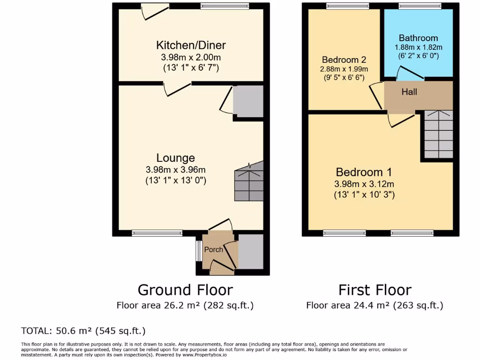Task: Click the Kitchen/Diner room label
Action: (x=191, y=45)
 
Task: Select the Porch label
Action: (x=214, y=249)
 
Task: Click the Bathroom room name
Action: (x=418, y=38)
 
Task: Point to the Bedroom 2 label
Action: (x=344, y=60)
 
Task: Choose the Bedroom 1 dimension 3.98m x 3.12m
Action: (x=364, y=184)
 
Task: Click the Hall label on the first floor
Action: (x=409, y=92)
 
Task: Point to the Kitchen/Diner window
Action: (x=224, y=6)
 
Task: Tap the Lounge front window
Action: (x=157, y=233)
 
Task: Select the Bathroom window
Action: (x=420, y=6)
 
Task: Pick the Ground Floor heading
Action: (x=185, y=290)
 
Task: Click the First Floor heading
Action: (x=375, y=290)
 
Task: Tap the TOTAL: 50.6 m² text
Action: (x=83, y=330)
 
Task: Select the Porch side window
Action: (x=199, y=251)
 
